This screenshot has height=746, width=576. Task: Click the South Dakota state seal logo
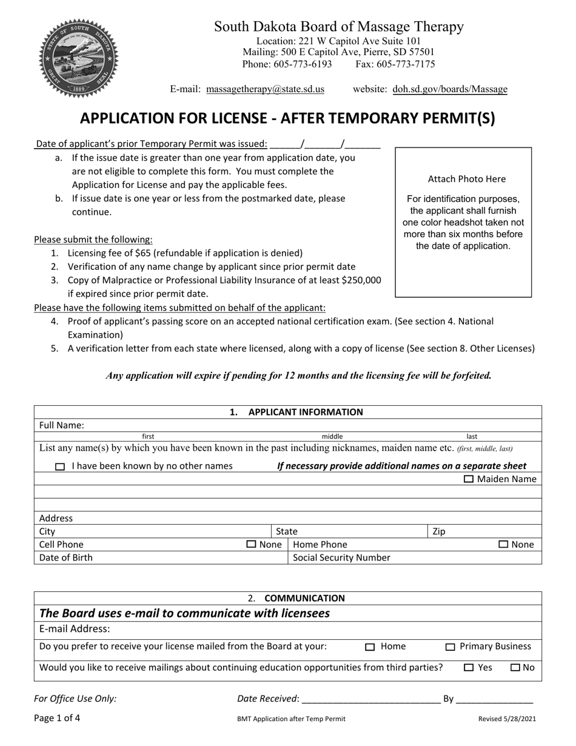click(x=79, y=59)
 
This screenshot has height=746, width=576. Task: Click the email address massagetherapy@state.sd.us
click(x=265, y=89)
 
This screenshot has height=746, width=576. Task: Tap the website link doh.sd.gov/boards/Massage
click(x=450, y=89)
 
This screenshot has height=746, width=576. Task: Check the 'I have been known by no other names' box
click(x=59, y=467)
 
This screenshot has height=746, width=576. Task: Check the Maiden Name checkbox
click(x=469, y=479)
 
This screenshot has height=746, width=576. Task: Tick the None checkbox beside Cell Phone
click(x=251, y=545)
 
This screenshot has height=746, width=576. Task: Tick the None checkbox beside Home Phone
click(x=503, y=545)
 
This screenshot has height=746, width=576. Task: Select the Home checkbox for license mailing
click(x=370, y=647)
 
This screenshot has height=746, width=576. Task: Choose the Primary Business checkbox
click(x=450, y=647)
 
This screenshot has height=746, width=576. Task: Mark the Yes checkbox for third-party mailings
click(x=469, y=668)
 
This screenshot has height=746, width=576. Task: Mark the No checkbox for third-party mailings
click(x=515, y=668)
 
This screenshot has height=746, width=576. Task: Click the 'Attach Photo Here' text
click(x=466, y=179)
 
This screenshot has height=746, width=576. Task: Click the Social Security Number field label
click(x=341, y=558)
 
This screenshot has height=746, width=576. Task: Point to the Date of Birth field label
click(x=66, y=558)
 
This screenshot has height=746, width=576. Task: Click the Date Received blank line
click(x=370, y=699)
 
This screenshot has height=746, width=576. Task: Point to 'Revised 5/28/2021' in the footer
click(x=507, y=719)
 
